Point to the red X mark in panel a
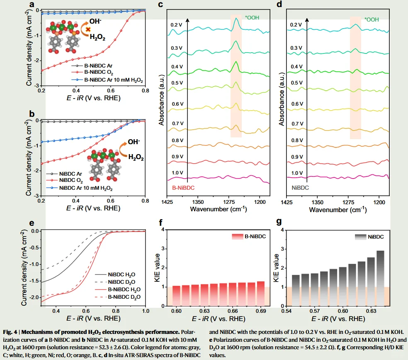(x=88, y=29)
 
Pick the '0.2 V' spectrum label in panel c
(x=176, y=24)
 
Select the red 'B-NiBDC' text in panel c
(x=183, y=188)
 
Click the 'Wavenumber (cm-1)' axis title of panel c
(x=219, y=209)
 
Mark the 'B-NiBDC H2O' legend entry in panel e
(x=124, y=290)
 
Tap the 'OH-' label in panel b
(x=134, y=142)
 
